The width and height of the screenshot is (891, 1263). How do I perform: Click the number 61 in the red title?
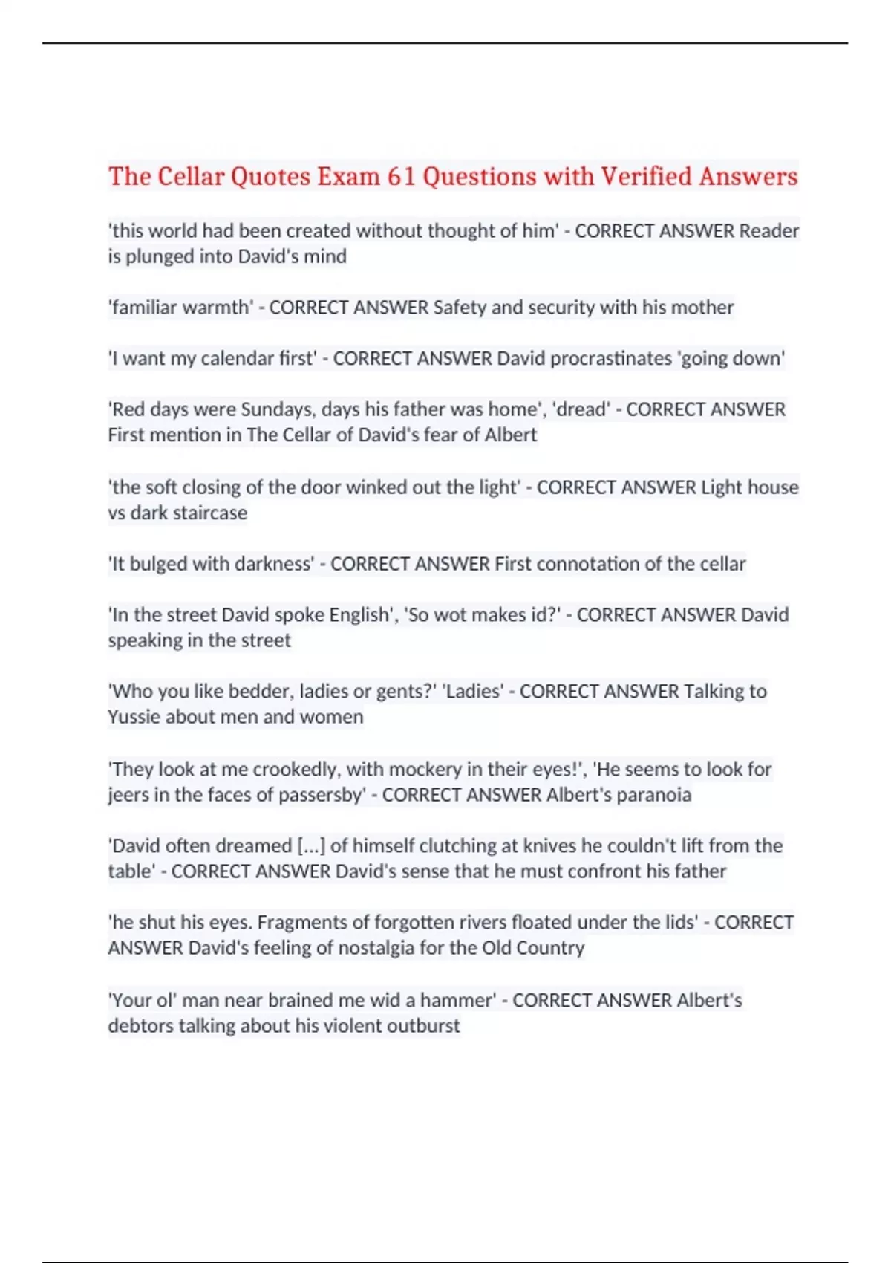click(x=401, y=177)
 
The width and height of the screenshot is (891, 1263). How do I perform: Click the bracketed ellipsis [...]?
click(x=311, y=845)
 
